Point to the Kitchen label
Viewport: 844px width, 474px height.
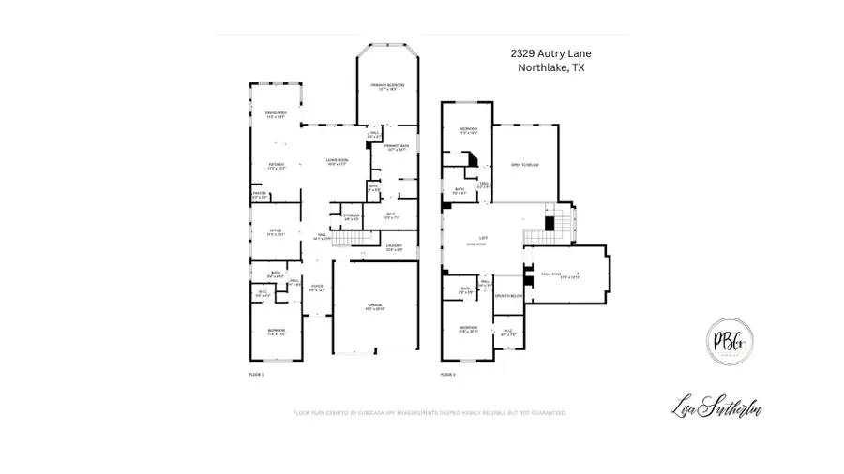pyautogui.click(x=276, y=168)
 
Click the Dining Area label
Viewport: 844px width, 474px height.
pyautogui.click(x=275, y=115)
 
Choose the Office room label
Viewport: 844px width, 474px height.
pyautogui.click(x=276, y=231)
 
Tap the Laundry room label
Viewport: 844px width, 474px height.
pyautogui.click(x=394, y=249)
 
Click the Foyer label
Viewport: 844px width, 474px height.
pyautogui.click(x=317, y=289)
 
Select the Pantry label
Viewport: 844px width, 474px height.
pyautogui.click(x=260, y=196)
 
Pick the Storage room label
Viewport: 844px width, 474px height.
pyautogui.click(x=352, y=217)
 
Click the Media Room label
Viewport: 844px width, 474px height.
pyautogui.click(x=561, y=275)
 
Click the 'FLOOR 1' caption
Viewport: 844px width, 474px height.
pyautogui.click(x=256, y=375)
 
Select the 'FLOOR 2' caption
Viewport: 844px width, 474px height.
pyautogui.click(x=448, y=375)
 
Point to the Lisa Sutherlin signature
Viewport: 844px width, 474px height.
pyautogui.click(x=716, y=407)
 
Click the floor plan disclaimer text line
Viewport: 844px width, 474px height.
pyautogui.click(x=430, y=412)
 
